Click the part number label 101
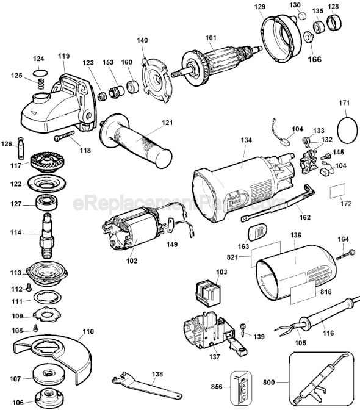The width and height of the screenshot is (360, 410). [211, 38]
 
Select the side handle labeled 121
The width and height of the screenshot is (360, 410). [137, 139]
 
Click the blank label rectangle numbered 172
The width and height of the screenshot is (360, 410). [340, 193]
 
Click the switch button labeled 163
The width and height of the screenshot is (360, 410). [258, 232]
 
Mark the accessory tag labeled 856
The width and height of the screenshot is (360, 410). [241, 387]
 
